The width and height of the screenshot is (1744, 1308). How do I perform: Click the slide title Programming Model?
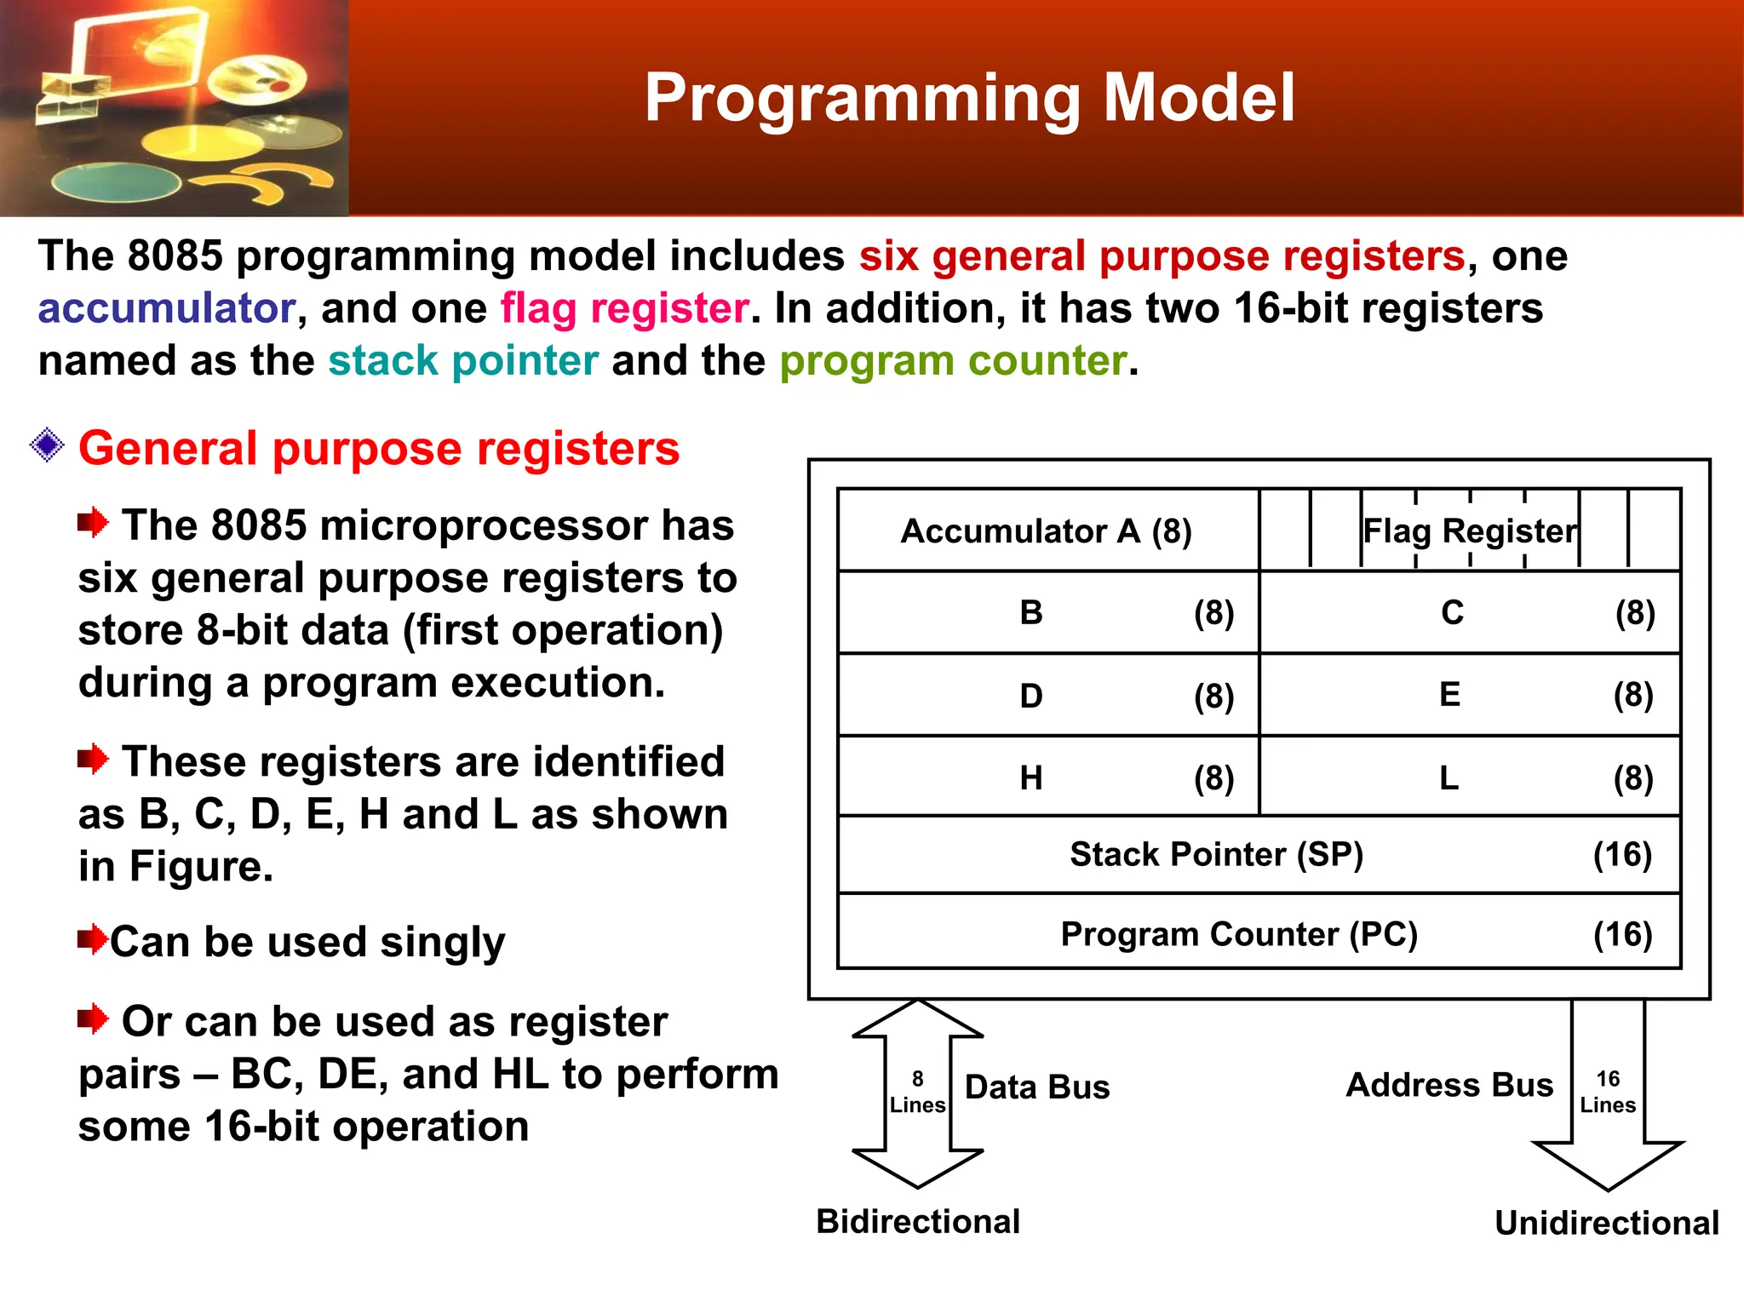tap(969, 98)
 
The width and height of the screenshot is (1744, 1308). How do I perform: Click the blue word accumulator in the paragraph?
tap(166, 308)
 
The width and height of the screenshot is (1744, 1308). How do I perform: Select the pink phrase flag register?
tap(624, 308)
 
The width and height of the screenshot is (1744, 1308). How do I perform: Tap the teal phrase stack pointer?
tap(463, 361)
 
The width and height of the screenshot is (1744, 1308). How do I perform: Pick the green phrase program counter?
tap(953, 361)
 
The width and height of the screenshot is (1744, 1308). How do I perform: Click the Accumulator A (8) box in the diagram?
tap(1046, 531)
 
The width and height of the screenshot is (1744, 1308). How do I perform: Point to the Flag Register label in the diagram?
tap(1470, 531)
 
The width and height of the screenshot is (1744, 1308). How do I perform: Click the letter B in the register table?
tap(1030, 613)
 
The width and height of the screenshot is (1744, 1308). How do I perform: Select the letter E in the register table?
tap(1449, 695)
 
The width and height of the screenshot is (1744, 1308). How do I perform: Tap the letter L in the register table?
tap(1449, 778)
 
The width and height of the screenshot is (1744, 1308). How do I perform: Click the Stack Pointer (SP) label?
tap(1216, 854)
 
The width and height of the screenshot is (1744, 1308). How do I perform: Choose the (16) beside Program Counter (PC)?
tap(1622, 934)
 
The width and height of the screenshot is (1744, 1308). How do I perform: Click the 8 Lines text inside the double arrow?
tap(917, 1093)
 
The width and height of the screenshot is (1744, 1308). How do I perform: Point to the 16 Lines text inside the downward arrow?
tap(1608, 1093)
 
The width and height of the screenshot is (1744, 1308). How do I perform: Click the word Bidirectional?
tap(917, 1222)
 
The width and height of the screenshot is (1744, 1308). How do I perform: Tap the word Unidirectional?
tap(1606, 1224)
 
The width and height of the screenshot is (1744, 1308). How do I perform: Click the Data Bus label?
tap(1036, 1087)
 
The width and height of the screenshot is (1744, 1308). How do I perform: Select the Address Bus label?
tap(1449, 1086)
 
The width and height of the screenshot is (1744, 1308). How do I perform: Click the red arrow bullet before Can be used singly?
tap(92, 940)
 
